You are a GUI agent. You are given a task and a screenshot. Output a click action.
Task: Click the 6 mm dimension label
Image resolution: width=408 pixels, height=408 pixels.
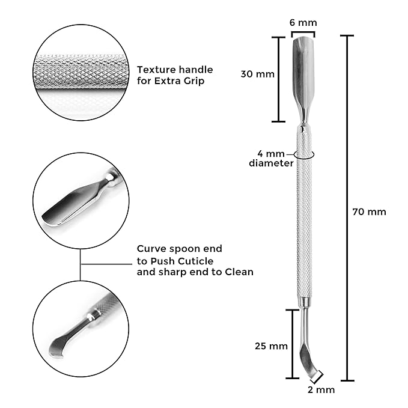coord(303,23)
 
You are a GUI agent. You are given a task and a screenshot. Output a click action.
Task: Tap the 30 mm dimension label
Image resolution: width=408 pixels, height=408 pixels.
coord(258,74)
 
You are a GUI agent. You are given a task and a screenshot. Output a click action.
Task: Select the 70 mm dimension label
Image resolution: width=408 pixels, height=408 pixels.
coord(369,212)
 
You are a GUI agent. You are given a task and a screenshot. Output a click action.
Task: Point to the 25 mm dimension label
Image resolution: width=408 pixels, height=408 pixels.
coord(271,346)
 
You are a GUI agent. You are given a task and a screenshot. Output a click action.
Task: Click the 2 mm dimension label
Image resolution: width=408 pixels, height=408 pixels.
coord(321,390)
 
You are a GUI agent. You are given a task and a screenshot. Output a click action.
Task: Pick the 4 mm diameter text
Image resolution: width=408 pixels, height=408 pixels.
coord(271,159)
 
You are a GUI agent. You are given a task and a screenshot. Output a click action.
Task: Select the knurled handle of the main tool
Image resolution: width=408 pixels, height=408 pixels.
coord(304,212)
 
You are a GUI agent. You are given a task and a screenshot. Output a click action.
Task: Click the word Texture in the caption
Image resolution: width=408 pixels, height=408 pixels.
coord(156,70)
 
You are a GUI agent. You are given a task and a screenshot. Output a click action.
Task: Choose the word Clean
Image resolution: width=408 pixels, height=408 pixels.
coord(239,272)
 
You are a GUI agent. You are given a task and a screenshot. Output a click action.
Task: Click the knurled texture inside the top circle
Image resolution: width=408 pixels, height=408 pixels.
coord(81,72)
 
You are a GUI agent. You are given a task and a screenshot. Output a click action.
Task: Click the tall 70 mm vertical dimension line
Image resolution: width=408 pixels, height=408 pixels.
coord(347,208)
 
